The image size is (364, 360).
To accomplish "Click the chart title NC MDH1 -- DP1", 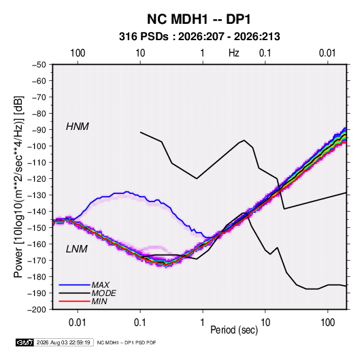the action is click(199, 19).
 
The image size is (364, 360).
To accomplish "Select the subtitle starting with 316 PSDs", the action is click(199, 37).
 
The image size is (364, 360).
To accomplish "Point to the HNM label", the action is click(78, 127).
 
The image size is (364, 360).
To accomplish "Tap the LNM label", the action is click(77, 249).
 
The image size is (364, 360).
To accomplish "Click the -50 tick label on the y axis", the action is click(39, 65).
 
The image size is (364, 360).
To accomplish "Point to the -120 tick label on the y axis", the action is click(37, 179).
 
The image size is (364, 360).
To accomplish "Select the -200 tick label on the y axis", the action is click(37, 310).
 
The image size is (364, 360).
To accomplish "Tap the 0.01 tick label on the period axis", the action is click(78, 323).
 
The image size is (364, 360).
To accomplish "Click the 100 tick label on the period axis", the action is click(327, 323).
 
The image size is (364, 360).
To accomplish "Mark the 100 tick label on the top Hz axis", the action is click(78, 53).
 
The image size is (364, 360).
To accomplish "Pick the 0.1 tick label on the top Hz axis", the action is click(265, 53).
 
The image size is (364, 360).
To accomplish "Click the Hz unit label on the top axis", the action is click(234, 53).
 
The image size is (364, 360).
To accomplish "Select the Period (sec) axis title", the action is click(234, 330).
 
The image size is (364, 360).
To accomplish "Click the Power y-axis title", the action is click(18, 186).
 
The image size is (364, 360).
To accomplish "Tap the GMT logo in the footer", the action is click(24, 342).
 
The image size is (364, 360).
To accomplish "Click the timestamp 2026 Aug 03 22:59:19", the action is click(63, 342).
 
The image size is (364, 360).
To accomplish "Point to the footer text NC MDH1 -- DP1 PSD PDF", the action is click(127, 343).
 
